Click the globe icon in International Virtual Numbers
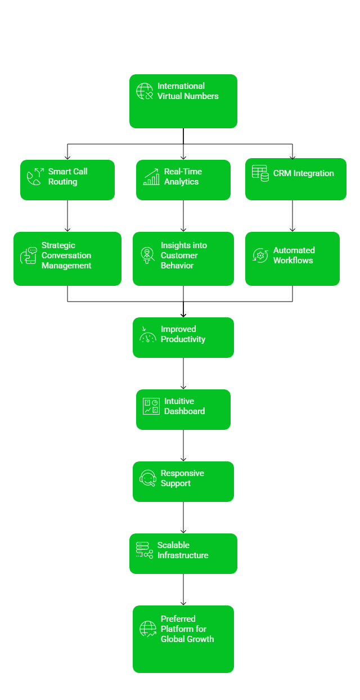145,91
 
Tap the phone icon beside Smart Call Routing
35,177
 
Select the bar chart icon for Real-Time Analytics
151,177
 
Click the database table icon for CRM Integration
260,173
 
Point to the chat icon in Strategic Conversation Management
29,255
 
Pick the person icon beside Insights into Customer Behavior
147,255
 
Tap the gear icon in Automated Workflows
260,255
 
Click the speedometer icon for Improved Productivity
147,335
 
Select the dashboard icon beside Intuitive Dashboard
151,406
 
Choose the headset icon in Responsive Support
147,478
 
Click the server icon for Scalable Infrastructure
144,550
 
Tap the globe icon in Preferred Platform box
148,629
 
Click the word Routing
62,182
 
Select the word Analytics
181,182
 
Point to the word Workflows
293,261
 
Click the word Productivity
183,339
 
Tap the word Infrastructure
183,555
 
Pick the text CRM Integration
303,173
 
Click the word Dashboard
184,411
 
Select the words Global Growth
187,639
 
